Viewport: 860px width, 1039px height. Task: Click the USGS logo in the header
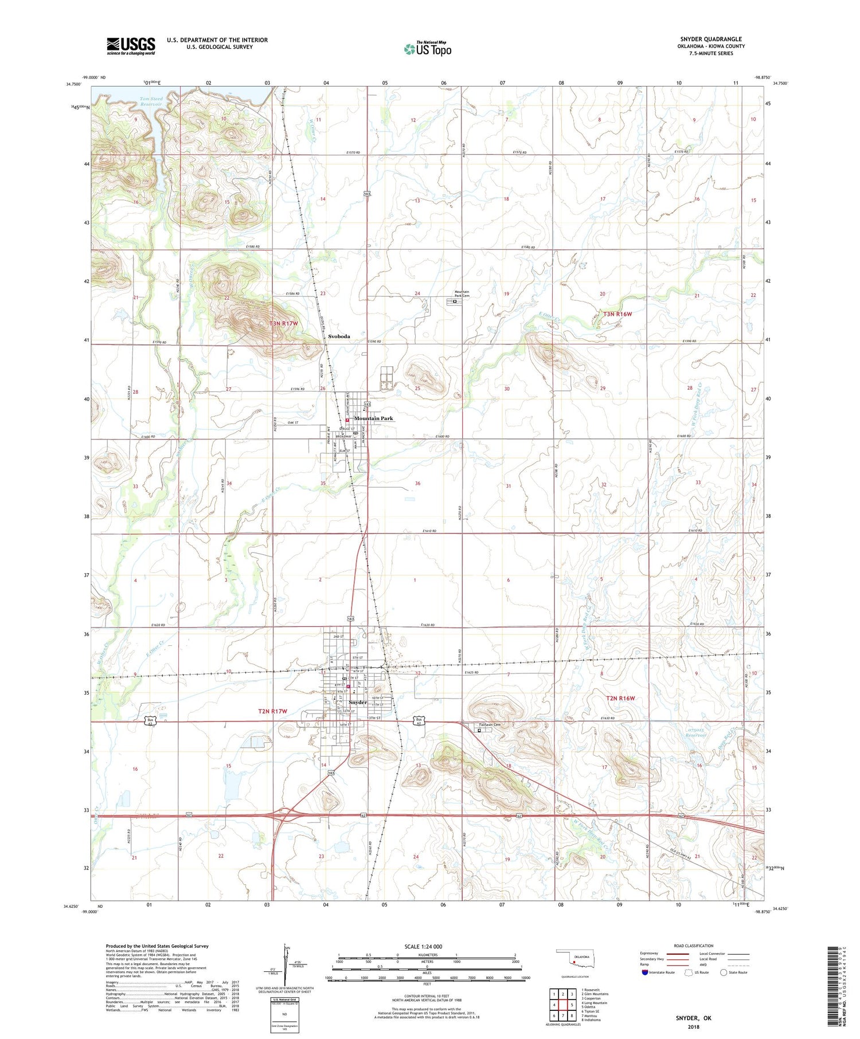click(x=131, y=46)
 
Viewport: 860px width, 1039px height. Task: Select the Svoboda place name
click(x=339, y=336)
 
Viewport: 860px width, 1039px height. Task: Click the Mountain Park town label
click(x=374, y=418)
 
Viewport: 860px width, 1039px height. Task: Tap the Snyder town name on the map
click(x=358, y=702)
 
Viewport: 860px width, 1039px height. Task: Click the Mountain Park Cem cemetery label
click(x=462, y=293)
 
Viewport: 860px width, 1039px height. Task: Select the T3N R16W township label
click(x=617, y=314)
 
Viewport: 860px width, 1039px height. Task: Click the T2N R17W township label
click(x=272, y=711)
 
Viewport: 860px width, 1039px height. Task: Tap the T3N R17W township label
click(x=284, y=324)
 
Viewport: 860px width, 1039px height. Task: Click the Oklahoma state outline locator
click(x=575, y=958)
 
